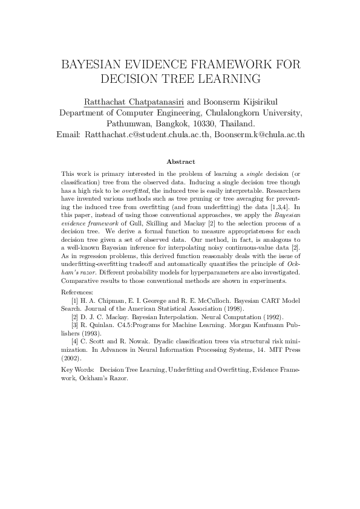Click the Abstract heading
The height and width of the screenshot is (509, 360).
coord(180,161)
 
